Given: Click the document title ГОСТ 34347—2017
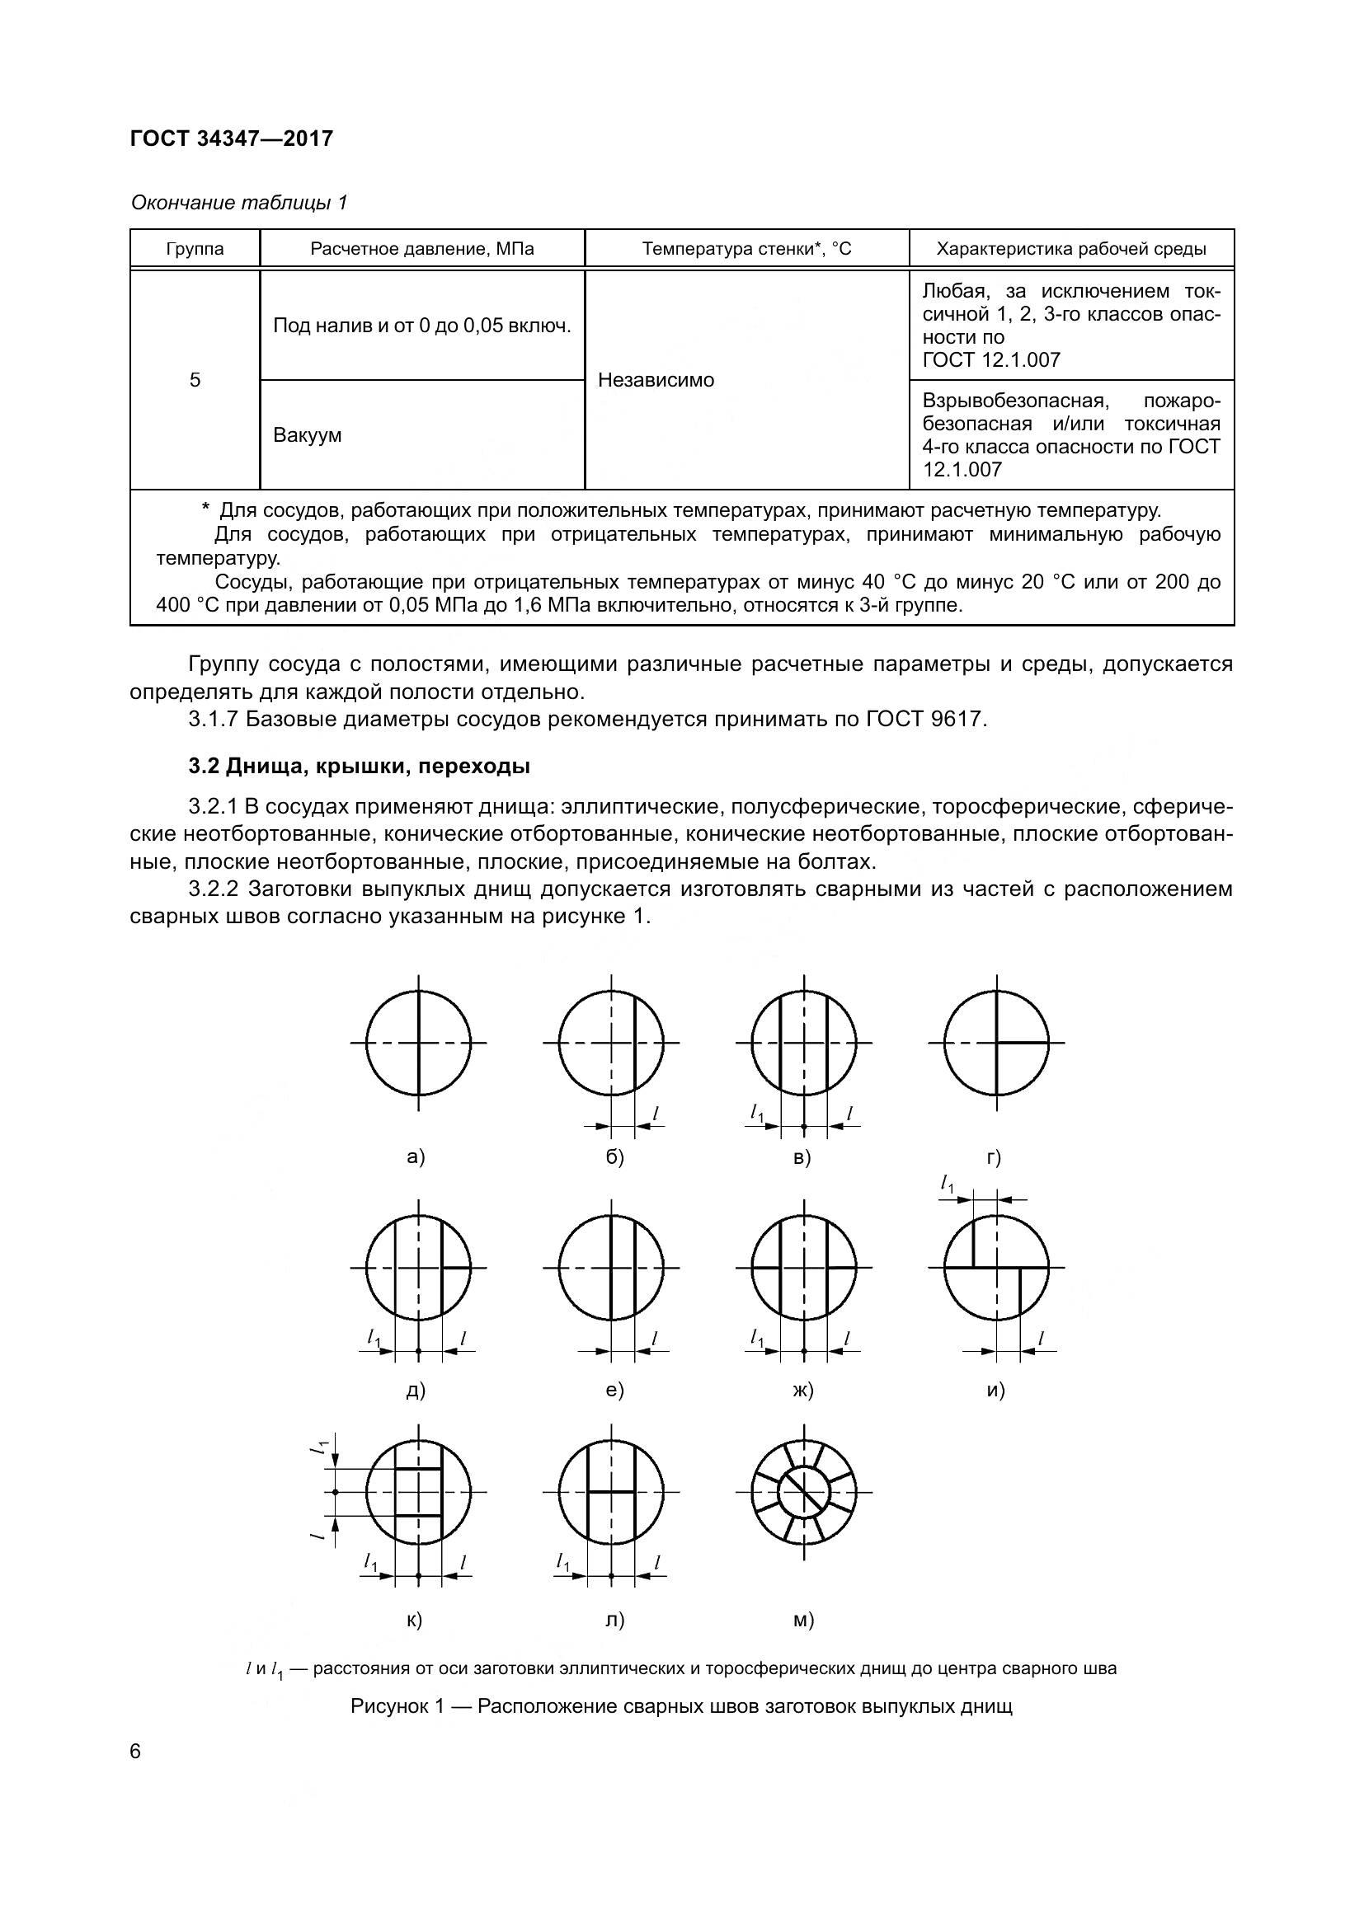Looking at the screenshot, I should pyautogui.click(x=232, y=138).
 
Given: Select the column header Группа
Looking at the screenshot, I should pyautogui.click(x=195, y=249).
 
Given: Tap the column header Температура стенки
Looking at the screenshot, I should pyautogui.click(x=745, y=249).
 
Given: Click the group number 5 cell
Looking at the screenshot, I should pyautogui.click(x=195, y=380).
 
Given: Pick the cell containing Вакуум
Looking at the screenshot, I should pyautogui.click(x=308, y=435).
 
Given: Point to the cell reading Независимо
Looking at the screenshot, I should pyautogui.click(x=656, y=380).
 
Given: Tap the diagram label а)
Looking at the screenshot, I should pyautogui.click(x=416, y=1157).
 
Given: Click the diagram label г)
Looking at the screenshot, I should pyautogui.click(x=994, y=1157).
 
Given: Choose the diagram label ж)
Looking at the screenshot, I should pyautogui.click(x=803, y=1390).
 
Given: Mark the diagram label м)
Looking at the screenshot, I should pyautogui.click(x=803, y=1620).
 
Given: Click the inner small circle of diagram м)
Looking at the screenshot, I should pyautogui.click(x=805, y=1492).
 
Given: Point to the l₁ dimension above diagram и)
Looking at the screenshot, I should pyautogui.click(x=948, y=1184).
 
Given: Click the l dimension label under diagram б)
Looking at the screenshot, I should pyautogui.click(x=655, y=1114).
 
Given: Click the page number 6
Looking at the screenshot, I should pyautogui.click(x=136, y=1752).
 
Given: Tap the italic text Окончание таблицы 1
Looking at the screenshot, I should pyautogui.click(x=239, y=203).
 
